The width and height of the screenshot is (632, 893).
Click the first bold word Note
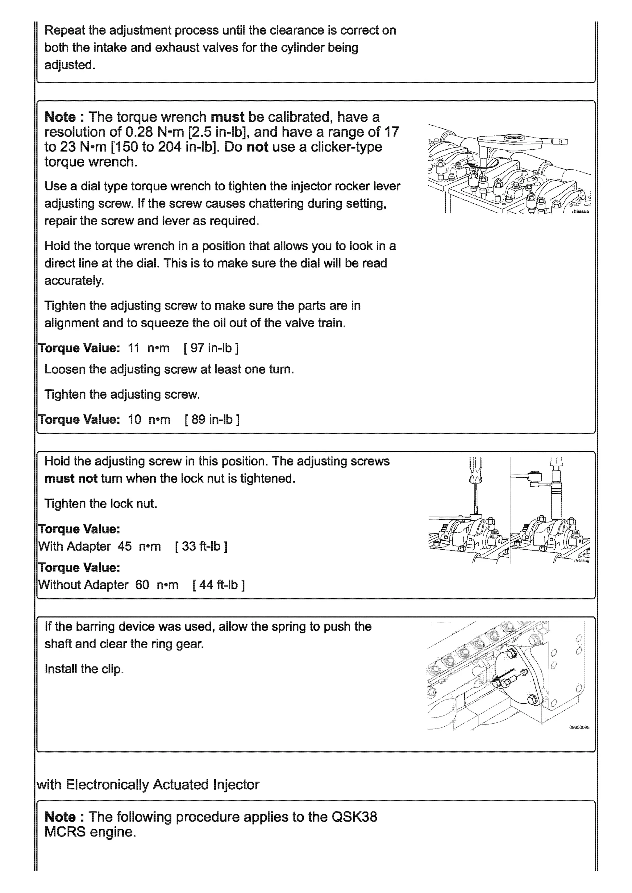(60, 117)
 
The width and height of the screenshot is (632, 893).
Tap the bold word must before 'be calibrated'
(227, 117)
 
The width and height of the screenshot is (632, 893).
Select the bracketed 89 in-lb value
(212, 419)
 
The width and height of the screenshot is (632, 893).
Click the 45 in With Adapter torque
(125, 546)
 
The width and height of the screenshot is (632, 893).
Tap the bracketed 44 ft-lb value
(218, 585)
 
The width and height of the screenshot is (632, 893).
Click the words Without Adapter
(83, 585)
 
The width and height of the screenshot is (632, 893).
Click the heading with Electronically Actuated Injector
(148, 784)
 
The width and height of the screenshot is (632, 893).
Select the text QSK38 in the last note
(354, 817)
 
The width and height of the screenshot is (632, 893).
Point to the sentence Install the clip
(84, 669)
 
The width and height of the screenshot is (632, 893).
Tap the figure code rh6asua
(580, 212)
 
